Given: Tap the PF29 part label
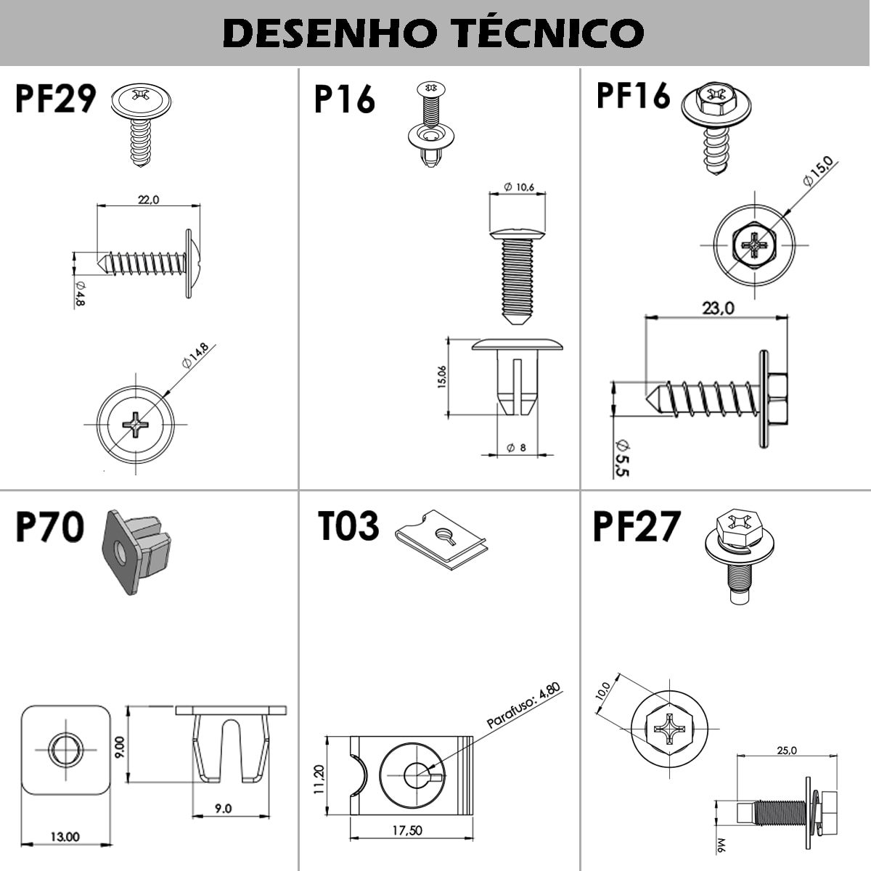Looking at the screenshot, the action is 56,99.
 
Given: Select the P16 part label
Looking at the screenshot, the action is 345,99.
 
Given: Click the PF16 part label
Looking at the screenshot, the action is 633,95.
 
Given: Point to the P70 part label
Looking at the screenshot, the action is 50,526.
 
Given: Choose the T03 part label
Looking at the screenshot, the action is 348,526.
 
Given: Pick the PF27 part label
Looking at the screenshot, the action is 637,526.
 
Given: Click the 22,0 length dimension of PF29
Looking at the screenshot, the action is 148,200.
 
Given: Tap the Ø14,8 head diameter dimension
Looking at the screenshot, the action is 195,356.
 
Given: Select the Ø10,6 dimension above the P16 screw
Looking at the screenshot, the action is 519,187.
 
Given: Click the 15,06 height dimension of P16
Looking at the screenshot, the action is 441,377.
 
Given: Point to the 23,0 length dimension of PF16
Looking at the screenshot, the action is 719,308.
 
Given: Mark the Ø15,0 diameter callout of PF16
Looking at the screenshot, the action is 818,171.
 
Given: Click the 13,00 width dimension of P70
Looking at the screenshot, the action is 65,837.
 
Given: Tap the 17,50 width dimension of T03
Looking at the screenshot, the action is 407,831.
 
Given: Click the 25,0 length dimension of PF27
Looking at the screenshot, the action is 787,751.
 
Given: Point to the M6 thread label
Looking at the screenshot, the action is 721,844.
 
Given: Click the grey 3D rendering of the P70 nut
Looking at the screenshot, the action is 136,552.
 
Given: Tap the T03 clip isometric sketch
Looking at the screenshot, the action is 441,539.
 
